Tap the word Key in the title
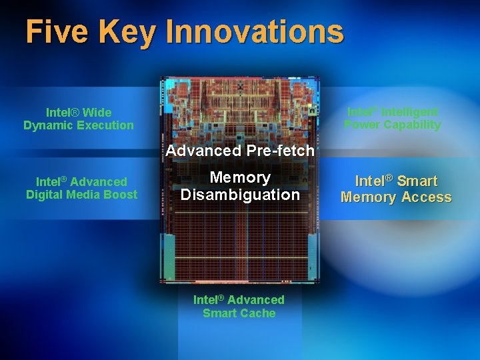pos(135,31)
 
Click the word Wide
pos(97,112)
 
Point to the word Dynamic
pos(50,125)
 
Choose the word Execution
pos(107,125)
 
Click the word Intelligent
pos(409,111)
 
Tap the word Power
pos(362,125)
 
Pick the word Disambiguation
pos(240,195)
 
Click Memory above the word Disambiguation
pos(240,177)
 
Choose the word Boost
pos(123,195)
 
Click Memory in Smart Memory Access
pos(368,197)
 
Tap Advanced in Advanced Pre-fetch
pos(203,151)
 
